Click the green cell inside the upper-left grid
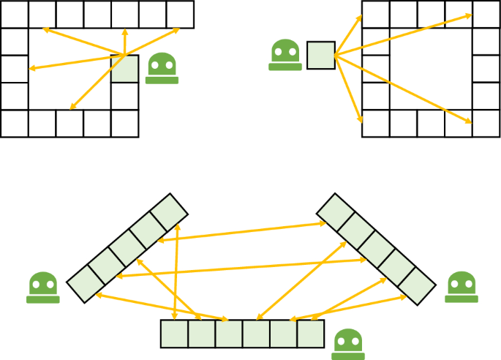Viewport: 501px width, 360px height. pos(124,69)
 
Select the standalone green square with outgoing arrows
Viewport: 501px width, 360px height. pos(320,55)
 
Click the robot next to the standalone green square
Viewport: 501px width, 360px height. pos(285,56)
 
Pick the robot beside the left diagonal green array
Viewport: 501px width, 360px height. pos(43,287)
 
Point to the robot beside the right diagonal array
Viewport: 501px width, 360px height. pos(462,286)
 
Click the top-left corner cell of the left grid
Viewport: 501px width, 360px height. pos(15,15)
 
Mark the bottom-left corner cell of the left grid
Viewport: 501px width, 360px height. pos(15,123)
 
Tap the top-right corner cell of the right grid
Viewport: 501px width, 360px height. pos(486,15)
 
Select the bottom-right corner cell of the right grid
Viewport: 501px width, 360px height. pos(486,123)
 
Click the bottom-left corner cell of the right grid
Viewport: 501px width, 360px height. pos(376,123)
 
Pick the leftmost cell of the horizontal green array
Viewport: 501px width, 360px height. pos(174,334)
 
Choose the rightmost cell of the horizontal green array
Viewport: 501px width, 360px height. pos(310,334)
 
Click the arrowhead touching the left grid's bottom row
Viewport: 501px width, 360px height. pos(72,108)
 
